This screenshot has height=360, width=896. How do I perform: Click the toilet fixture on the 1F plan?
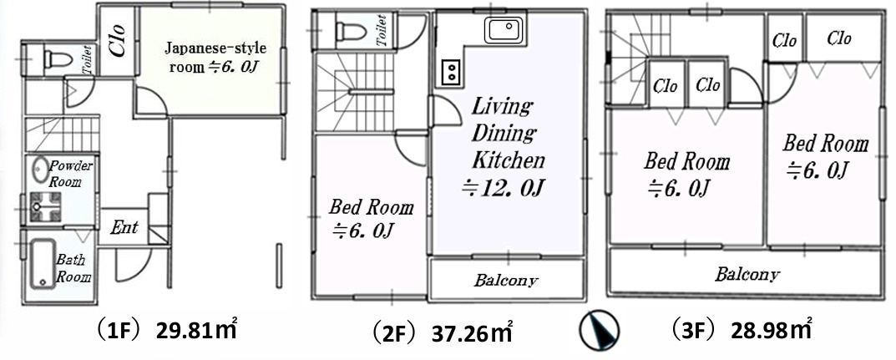[x=58, y=59]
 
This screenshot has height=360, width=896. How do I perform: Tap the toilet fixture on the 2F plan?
[x=351, y=33]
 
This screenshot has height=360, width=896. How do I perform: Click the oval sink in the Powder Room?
[x=40, y=170]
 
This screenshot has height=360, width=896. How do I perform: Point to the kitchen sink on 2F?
[x=503, y=32]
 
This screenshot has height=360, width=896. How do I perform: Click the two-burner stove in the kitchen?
[x=449, y=72]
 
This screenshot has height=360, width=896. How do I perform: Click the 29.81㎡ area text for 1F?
[x=197, y=329]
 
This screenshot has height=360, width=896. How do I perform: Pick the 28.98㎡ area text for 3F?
[x=772, y=329]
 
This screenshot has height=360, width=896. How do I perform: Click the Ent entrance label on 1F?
[x=124, y=227]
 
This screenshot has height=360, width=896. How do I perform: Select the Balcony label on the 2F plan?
[x=506, y=280]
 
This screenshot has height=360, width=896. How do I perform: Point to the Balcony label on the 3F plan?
[x=747, y=274]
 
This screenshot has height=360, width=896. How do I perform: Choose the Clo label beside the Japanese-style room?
[x=117, y=43]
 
